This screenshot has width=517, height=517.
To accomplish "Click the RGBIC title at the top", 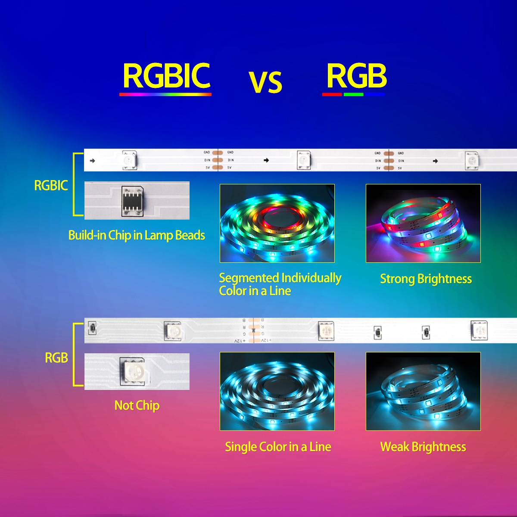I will click(166, 76).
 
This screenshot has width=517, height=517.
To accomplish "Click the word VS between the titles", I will click(265, 82).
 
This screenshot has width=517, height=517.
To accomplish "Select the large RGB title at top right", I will click(356, 76).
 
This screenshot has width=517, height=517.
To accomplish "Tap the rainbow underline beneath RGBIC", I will click(165, 94).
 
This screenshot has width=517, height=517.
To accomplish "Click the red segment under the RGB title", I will click(332, 94).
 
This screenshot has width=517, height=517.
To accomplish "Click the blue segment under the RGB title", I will click(375, 94).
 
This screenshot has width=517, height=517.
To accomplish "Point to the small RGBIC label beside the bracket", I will click(51, 186).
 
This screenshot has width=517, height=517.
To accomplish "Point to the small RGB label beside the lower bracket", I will click(56, 358).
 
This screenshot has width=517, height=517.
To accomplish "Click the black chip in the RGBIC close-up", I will click(132, 200).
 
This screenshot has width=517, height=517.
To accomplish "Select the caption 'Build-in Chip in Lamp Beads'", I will click(137, 235).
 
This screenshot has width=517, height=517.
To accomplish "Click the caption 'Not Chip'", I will click(137, 405).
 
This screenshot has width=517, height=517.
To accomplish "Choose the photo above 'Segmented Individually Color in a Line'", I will click(277, 223).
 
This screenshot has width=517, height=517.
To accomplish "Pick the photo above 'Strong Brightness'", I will click(423, 223).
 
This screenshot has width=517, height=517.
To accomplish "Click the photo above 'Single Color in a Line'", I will click(277, 391).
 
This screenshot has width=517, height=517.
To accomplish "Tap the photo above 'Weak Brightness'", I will click(423, 391).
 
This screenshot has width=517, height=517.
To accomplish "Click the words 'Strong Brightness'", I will click(426, 279).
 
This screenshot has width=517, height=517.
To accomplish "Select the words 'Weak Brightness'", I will click(423, 447).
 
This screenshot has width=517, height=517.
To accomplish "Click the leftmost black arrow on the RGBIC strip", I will click(92, 161).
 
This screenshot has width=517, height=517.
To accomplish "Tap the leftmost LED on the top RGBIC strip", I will click(129, 160).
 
